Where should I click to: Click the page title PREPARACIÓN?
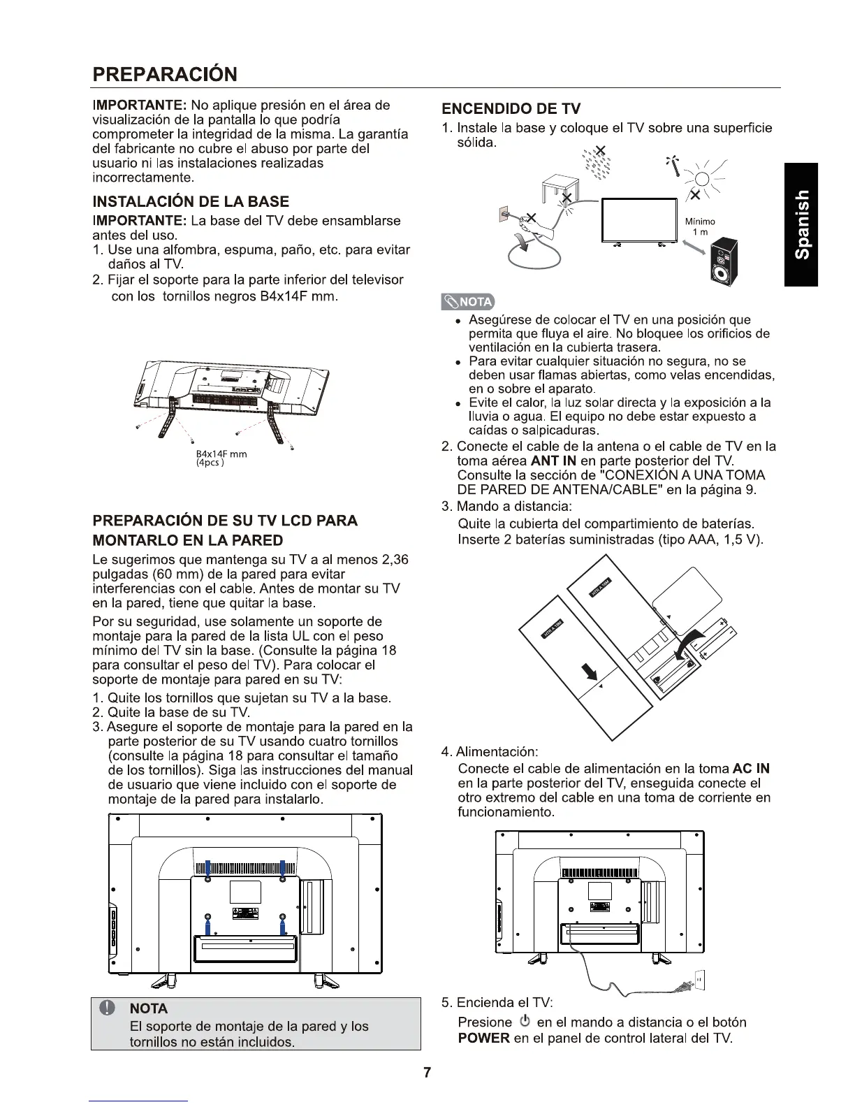[x=165, y=74]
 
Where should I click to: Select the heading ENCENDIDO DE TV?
[x=511, y=108]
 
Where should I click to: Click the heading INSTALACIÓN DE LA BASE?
[x=191, y=202]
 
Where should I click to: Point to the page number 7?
[x=427, y=1073]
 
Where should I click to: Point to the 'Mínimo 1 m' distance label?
[x=699, y=226]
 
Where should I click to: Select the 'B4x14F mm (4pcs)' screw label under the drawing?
[x=221, y=458]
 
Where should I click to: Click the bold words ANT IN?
[x=553, y=461]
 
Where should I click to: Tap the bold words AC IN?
[x=752, y=769]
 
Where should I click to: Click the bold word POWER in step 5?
[x=483, y=1038]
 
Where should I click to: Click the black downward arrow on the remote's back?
[x=591, y=672]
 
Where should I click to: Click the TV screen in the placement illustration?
[x=640, y=219]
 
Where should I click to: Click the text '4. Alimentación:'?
[x=490, y=752]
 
